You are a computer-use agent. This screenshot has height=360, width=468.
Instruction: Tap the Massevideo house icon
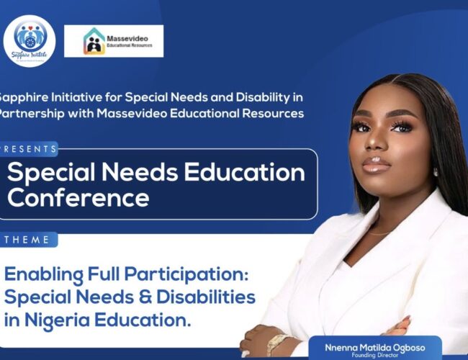point(94,42)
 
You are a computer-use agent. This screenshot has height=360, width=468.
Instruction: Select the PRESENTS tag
point(29,149)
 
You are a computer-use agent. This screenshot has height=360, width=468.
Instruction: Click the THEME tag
point(27,239)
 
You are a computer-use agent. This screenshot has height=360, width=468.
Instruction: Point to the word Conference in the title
point(78,197)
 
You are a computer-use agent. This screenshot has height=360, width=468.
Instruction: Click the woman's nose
point(377,145)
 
